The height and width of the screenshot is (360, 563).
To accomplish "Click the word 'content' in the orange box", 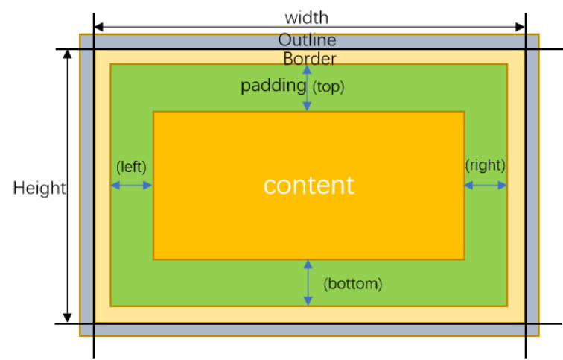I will tap(308, 185).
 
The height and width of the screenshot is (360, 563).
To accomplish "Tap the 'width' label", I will tap(306, 16).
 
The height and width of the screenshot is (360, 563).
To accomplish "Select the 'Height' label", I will tap(39, 188).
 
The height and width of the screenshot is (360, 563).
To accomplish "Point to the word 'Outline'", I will tap(307, 40).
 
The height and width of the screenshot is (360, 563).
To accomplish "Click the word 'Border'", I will tap(309, 58).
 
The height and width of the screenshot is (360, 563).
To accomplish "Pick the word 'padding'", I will tap(273, 86).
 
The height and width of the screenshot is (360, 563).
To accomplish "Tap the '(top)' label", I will tap(328, 86).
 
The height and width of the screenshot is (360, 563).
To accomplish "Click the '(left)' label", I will tap(131, 165).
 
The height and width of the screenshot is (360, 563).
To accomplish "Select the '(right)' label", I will tap(485, 165).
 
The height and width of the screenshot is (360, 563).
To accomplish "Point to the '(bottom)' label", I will tap(352, 283).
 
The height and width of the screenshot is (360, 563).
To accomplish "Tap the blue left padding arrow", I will tap(132, 186).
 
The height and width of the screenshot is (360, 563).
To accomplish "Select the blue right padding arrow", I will tap(486, 186).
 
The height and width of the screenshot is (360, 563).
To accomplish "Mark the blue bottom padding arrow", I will tap(308, 282).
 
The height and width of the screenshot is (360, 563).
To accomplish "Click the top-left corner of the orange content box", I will tap(153, 112).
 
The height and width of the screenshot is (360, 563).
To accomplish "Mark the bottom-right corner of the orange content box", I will tap(464, 259).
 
